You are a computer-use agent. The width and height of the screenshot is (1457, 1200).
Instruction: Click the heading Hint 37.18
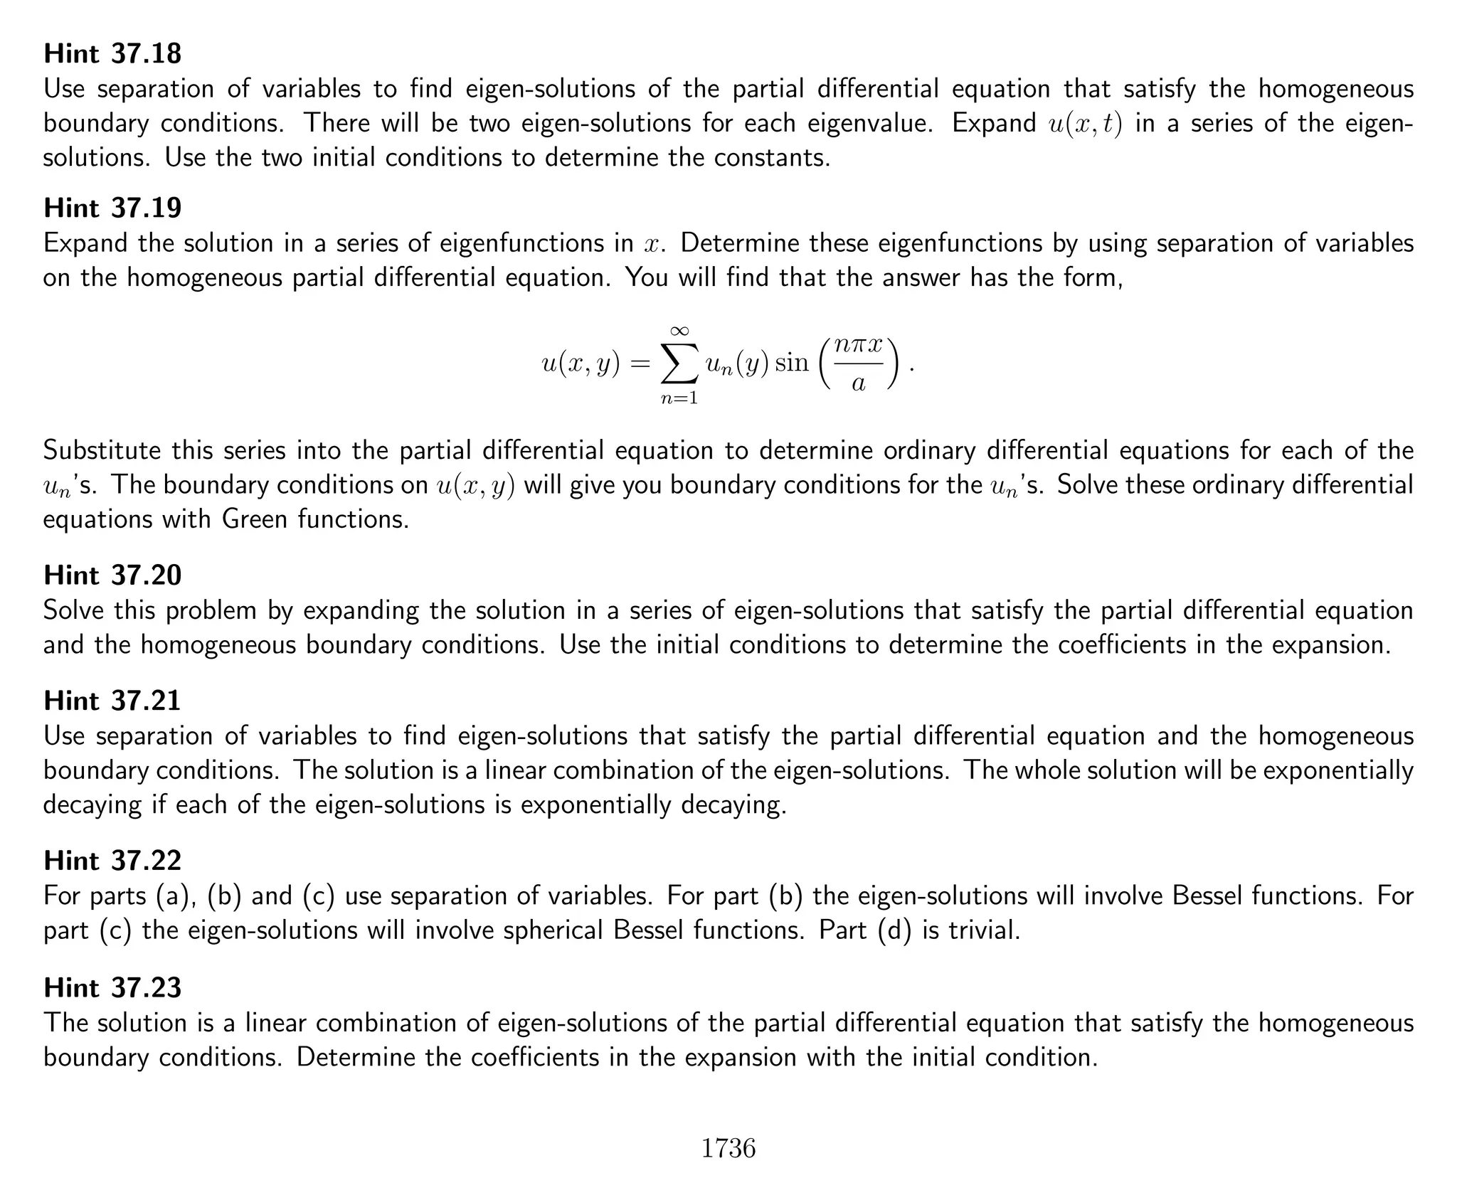click(112, 53)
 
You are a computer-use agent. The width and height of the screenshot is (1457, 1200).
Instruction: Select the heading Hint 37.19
click(112, 208)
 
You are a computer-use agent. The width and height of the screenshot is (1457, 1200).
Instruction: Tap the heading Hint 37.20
click(112, 575)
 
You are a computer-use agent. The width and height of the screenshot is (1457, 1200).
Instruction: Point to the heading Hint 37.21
click(112, 701)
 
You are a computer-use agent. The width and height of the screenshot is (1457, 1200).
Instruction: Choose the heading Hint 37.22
click(112, 861)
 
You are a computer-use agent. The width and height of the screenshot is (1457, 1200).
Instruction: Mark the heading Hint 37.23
click(112, 987)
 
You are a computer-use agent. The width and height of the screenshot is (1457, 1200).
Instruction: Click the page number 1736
click(728, 1148)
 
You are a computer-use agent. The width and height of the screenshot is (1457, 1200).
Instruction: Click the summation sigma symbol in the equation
click(679, 363)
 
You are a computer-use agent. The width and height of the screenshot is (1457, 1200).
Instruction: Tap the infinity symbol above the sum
click(679, 330)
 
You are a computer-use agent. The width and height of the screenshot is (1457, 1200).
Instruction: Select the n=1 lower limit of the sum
click(679, 399)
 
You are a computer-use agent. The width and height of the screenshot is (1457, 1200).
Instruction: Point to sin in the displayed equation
click(791, 363)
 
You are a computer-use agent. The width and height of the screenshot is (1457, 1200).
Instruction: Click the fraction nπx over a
click(859, 364)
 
